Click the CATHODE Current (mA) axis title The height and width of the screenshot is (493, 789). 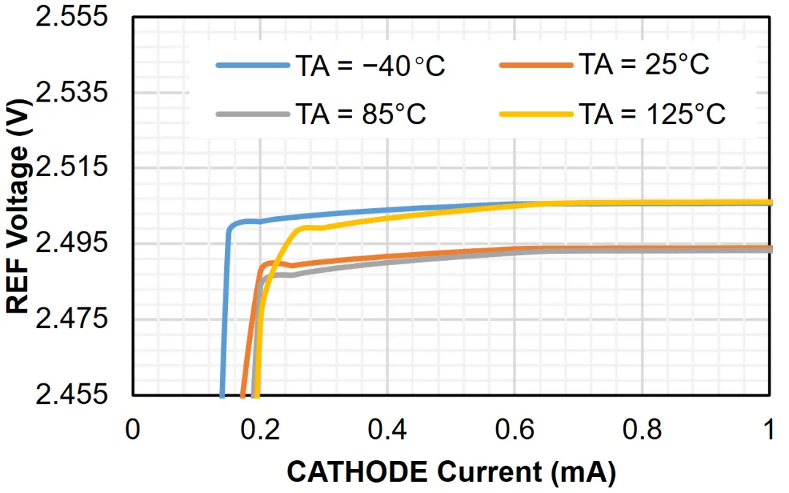(x=451, y=472)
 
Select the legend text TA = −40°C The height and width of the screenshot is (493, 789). (x=370, y=66)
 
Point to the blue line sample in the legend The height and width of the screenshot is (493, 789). (x=252, y=66)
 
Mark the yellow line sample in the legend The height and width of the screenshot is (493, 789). (x=535, y=114)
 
